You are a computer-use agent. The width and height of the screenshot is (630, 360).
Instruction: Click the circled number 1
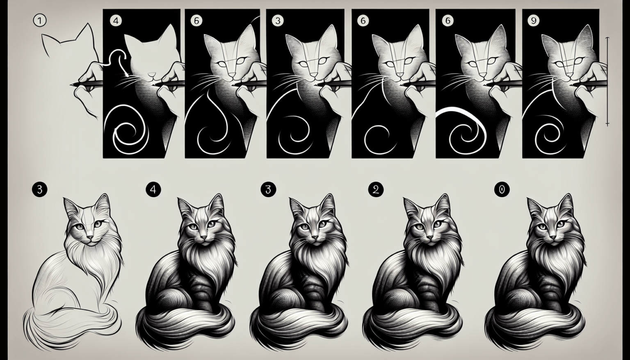tap(37, 21)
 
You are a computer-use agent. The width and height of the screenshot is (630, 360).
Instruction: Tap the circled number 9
tap(533, 21)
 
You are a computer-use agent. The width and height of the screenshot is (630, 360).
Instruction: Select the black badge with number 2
tap(376, 189)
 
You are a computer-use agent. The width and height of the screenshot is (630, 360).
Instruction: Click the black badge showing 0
tap(502, 189)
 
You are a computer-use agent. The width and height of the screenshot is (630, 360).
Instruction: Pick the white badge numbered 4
tap(116, 21)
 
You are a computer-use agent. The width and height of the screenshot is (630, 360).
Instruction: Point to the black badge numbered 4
tap(153, 189)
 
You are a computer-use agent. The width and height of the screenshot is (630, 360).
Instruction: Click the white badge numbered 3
tap(277, 21)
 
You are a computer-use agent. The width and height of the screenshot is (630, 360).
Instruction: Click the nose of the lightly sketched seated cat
tap(91, 237)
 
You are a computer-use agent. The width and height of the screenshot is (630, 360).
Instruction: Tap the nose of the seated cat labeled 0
tap(553, 237)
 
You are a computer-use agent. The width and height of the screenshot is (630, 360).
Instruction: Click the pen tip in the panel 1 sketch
tap(72, 84)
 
